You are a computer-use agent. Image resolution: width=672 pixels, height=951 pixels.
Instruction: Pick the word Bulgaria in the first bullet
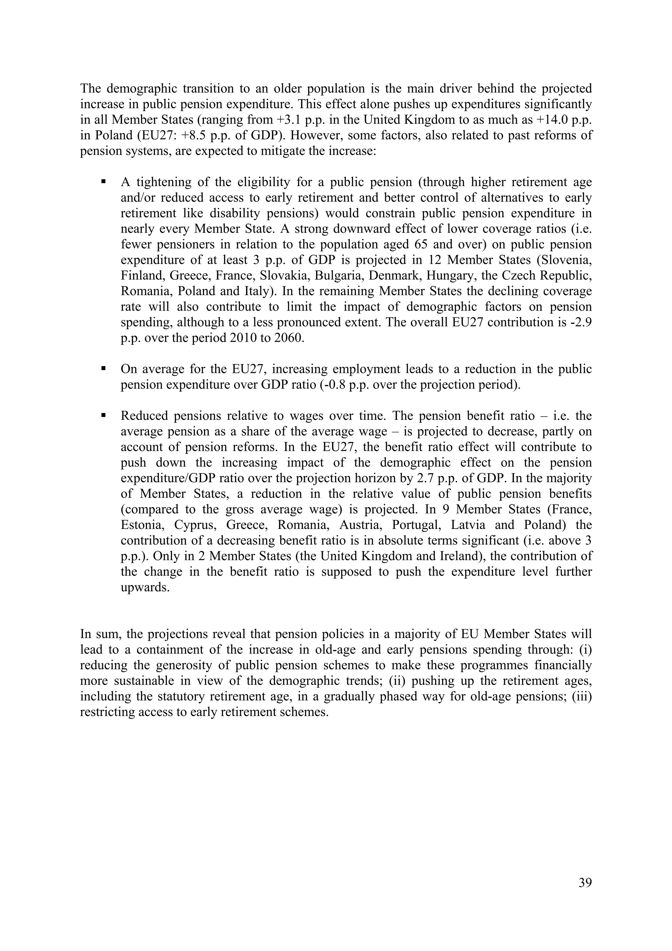pyautogui.click(x=338, y=275)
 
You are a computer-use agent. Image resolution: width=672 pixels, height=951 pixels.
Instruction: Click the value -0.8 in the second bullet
pyautogui.click(x=333, y=385)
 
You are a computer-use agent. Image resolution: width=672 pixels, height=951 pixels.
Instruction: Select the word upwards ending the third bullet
pyautogui.click(x=145, y=587)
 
